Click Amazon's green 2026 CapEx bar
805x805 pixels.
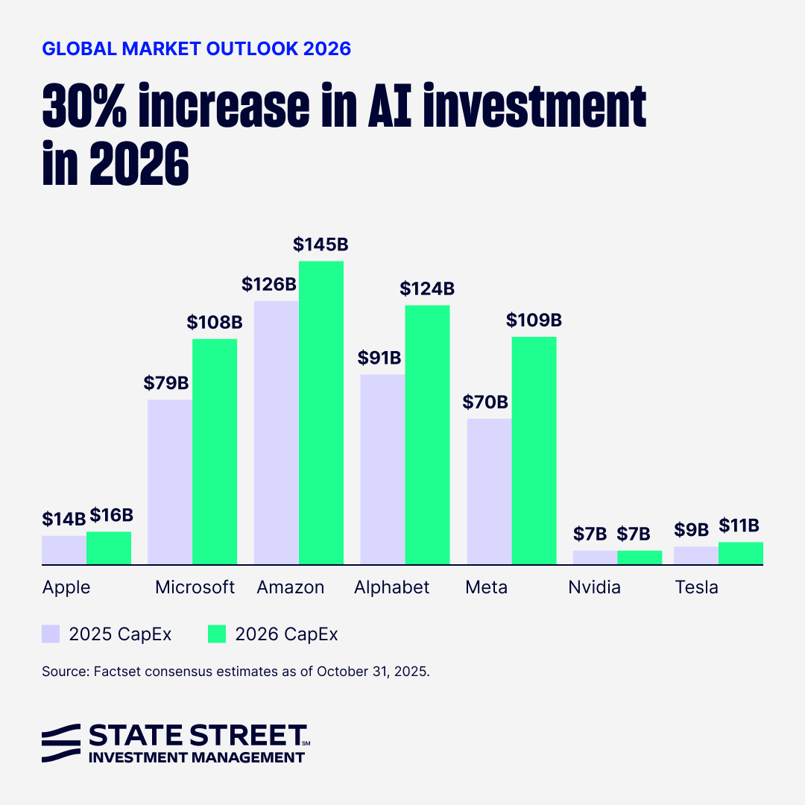pyautogui.click(x=321, y=413)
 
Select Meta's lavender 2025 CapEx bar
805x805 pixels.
pyautogui.click(x=489, y=491)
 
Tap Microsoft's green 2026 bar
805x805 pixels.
pyautogui.click(x=215, y=452)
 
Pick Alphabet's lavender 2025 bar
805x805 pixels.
pyautogui.click(x=382, y=470)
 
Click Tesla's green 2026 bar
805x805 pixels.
pyautogui.click(x=741, y=553)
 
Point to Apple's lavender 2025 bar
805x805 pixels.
pyautogui.click(x=64, y=550)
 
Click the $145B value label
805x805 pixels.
pyautogui.click(x=321, y=244)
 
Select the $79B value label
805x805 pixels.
pyautogui.click(x=166, y=383)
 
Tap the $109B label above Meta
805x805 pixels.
pyautogui.click(x=534, y=321)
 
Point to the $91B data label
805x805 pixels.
pyautogui.click(x=379, y=358)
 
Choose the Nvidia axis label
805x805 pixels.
pyautogui.click(x=594, y=587)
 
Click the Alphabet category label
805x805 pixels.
pyautogui.click(x=392, y=587)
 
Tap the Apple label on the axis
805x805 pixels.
pyautogui.click(x=66, y=587)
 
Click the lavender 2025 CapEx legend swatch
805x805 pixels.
pyautogui.click(x=51, y=634)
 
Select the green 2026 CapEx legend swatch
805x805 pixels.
pyautogui.click(x=216, y=634)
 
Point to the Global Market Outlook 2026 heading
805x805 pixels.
pyautogui.click(x=197, y=49)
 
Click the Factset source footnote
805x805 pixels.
pyautogui.click(x=236, y=672)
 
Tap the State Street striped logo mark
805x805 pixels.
pyautogui.click(x=61, y=742)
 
